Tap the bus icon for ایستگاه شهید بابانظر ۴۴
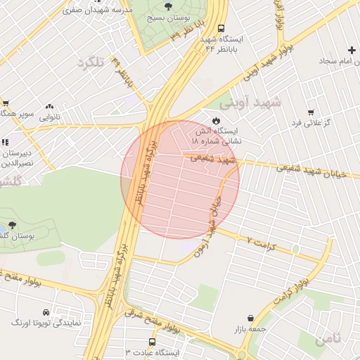[221, 30]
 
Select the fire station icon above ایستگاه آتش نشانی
[216, 120]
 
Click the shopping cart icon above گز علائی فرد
[311, 112]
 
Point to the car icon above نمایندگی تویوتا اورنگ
[46, 312]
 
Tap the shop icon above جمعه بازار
[250, 318]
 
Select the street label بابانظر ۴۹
[122, 70]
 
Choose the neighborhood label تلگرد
[89, 63]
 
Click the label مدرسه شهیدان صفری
[98, 11]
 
